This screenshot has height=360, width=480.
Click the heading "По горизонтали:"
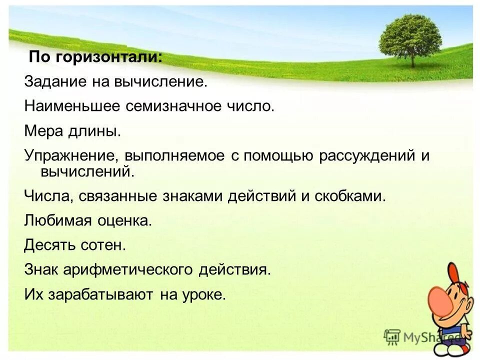pos(95,56)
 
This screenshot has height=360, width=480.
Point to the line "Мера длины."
pos(72,131)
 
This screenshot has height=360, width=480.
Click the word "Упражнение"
pos(70,156)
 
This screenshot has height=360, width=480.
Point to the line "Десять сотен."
pos(75,245)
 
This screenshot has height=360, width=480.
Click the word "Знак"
pos(41,270)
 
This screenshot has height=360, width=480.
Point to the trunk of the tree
pos(412,59)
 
